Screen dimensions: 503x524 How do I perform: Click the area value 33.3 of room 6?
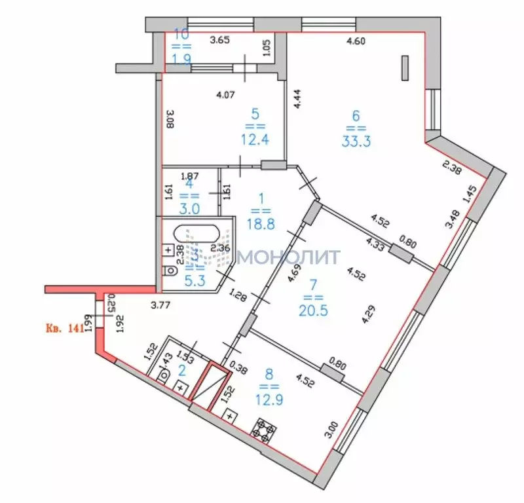point(356,141)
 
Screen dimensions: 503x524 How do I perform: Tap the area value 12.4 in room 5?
point(254,140)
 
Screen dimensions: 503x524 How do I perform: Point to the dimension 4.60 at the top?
point(356,41)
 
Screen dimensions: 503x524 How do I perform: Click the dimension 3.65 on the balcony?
point(220,41)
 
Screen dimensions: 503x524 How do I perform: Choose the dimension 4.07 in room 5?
point(226,94)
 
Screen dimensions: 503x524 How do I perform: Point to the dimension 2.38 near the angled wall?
point(451,168)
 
